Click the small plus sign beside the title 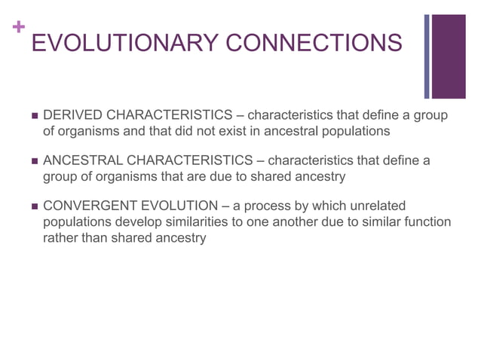coord(17,27)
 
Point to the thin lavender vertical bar coord(427,56)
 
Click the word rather coord(59,238)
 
